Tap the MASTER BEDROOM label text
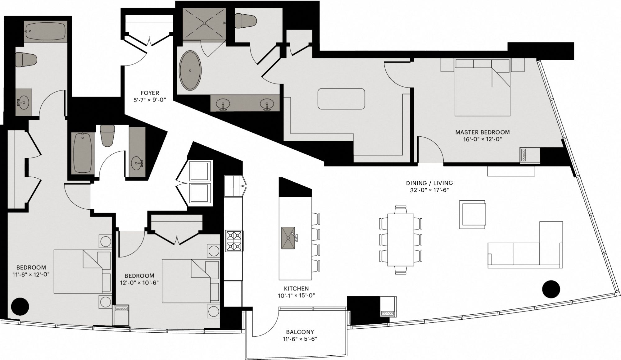coord(482,132)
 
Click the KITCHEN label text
coord(296,289)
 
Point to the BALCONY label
coord(298,332)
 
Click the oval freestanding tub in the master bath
coord(190,71)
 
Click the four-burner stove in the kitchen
coord(234,241)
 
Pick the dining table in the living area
coord(401,239)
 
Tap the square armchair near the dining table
coord(472,214)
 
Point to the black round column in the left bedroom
coord(20,306)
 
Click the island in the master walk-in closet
coord(341,99)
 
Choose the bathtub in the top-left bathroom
coord(46,31)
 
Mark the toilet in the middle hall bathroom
coord(108,135)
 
